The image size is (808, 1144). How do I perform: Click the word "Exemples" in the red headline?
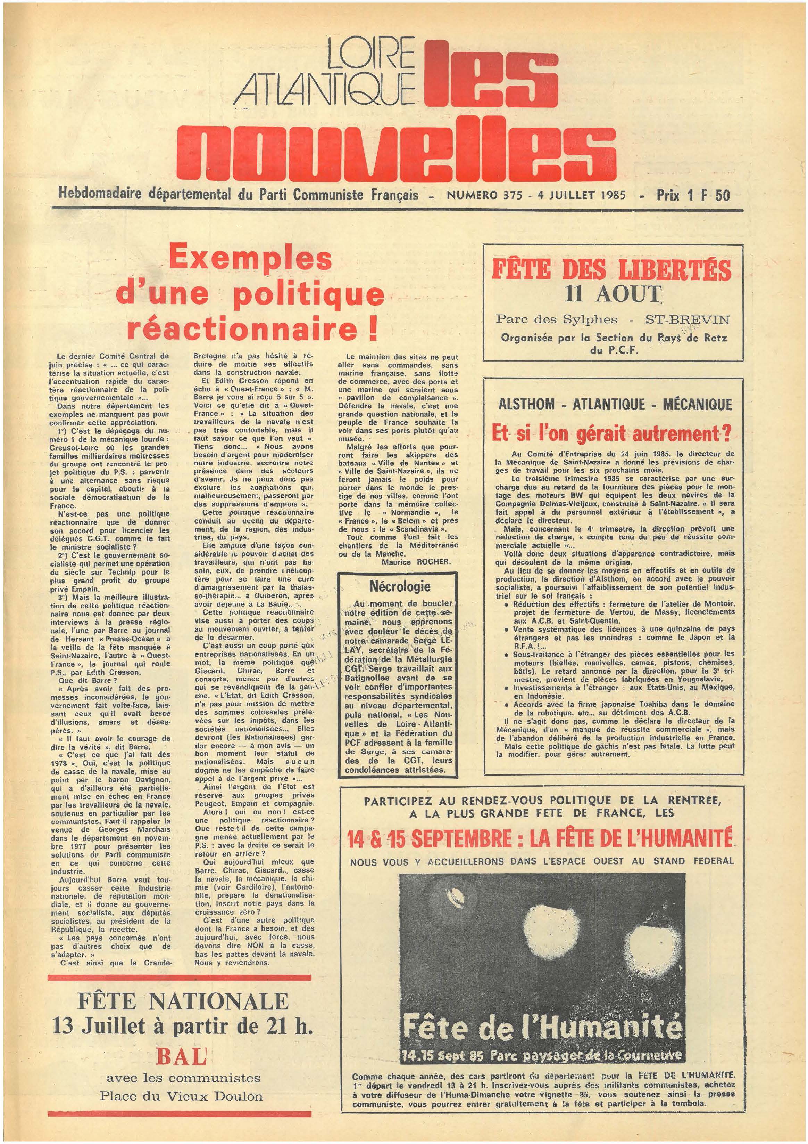coord(250,258)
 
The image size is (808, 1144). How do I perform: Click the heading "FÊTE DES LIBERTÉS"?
coord(611,270)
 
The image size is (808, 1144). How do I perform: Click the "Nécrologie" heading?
coord(400,586)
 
